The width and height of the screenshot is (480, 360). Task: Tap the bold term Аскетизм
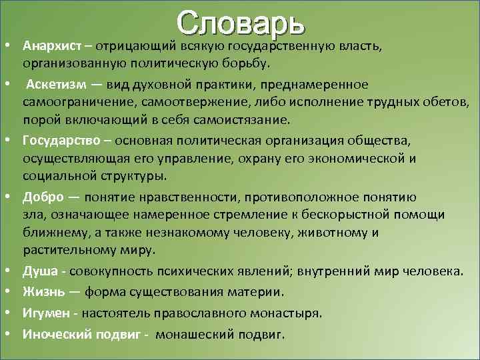(x=57, y=85)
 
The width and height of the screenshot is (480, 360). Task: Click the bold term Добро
(x=43, y=197)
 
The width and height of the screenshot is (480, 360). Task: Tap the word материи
(x=260, y=291)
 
